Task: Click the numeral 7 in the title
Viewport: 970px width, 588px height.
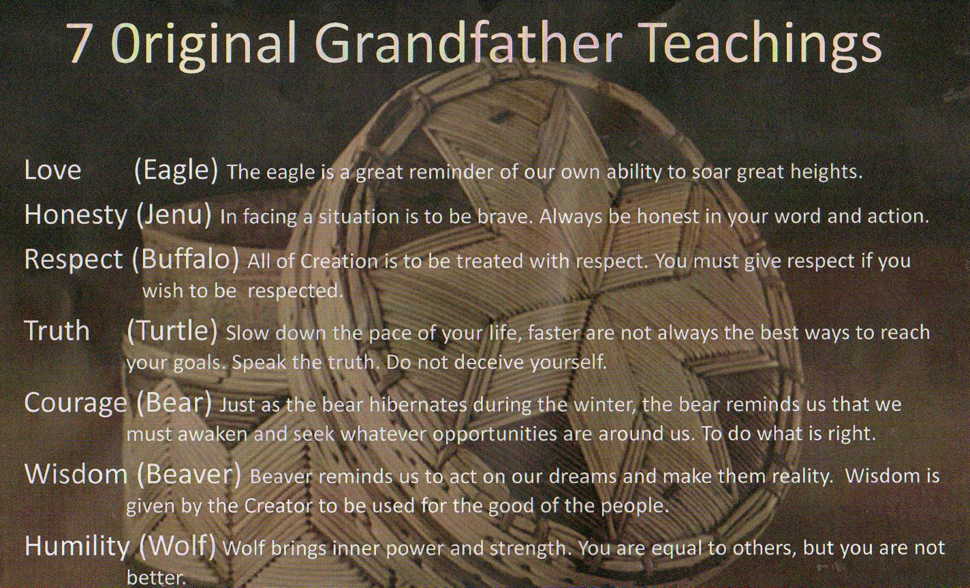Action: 79,42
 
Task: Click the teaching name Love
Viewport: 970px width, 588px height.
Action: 52,169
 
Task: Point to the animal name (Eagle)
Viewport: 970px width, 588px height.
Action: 176,171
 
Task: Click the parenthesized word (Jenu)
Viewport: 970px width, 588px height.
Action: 174,215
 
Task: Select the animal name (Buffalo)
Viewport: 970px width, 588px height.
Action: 185,259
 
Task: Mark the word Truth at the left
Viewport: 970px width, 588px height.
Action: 57,331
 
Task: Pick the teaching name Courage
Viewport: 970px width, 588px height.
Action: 76,404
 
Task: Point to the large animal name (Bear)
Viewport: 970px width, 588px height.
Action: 174,404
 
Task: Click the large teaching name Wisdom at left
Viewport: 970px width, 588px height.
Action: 76,474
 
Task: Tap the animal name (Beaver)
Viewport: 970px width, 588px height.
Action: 189,474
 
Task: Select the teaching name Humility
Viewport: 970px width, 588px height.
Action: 77,547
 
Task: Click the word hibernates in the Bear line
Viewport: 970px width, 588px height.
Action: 418,405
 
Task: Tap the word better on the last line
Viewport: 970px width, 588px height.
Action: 156,578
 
